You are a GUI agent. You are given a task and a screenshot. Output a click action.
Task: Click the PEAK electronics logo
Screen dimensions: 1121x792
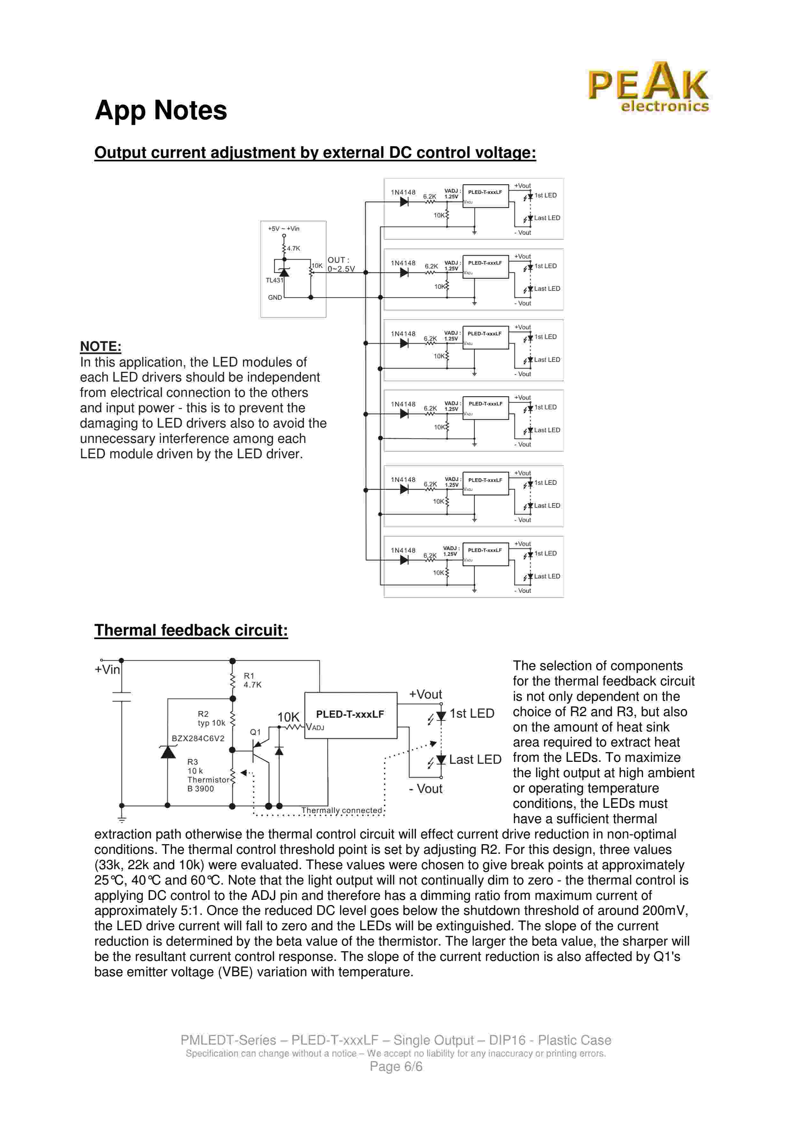(648, 87)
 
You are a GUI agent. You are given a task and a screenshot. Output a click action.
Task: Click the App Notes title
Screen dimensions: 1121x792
(161, 110)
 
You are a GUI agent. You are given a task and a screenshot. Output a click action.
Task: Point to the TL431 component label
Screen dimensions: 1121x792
(274, 280)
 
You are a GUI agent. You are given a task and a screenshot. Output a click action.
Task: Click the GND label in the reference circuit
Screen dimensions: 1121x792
(275, 297)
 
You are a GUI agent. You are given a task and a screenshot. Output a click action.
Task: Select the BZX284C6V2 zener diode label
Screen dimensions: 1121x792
(198, 738)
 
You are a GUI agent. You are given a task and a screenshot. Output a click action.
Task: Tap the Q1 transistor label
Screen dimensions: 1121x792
(255, 732)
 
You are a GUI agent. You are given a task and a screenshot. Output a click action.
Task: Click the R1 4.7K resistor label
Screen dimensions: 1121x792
(252, 680)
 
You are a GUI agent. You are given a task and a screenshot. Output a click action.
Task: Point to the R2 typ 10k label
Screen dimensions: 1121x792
(211, 718)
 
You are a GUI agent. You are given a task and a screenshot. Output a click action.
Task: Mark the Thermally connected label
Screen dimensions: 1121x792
(342, 810)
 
